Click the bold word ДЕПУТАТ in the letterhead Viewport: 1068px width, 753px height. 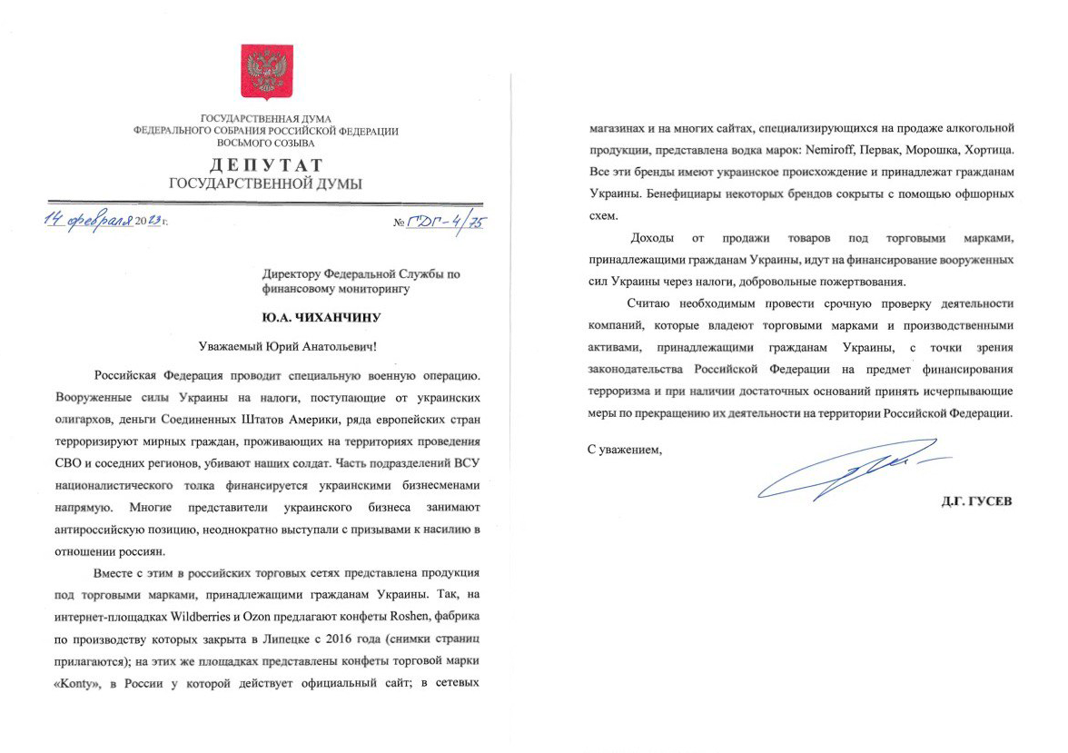pos(266,165)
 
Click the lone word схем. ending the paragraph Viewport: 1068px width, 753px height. pos(602,215)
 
